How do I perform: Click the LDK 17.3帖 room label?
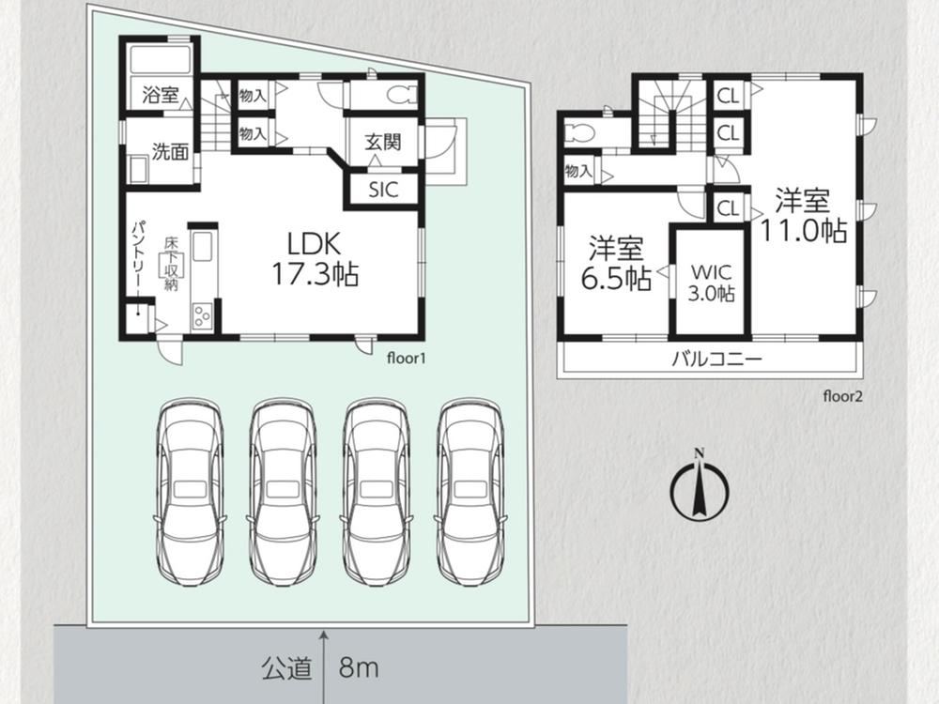[x=316, y=259]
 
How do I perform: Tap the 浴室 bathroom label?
[x=161, y=94]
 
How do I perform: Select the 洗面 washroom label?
[x=170, y=151]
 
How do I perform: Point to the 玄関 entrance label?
[x=383, y=142]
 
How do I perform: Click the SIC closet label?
[x=383, y=190]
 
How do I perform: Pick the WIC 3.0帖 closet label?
[x=712, y=283]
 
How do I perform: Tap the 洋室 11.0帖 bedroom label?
[x=803, y=216]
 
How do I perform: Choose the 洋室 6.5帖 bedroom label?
[x=616, y=264]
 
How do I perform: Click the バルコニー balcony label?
[x=716, y=360]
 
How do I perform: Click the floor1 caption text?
[x=406, y=359]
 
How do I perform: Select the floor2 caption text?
[x=842, y=396]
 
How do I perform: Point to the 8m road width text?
[x=359, y=666]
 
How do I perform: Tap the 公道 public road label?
[x=286, y=667]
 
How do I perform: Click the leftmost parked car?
[x=190, y=493]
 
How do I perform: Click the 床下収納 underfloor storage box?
[x=171, y=264]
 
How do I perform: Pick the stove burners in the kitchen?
[x=202, y=314]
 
